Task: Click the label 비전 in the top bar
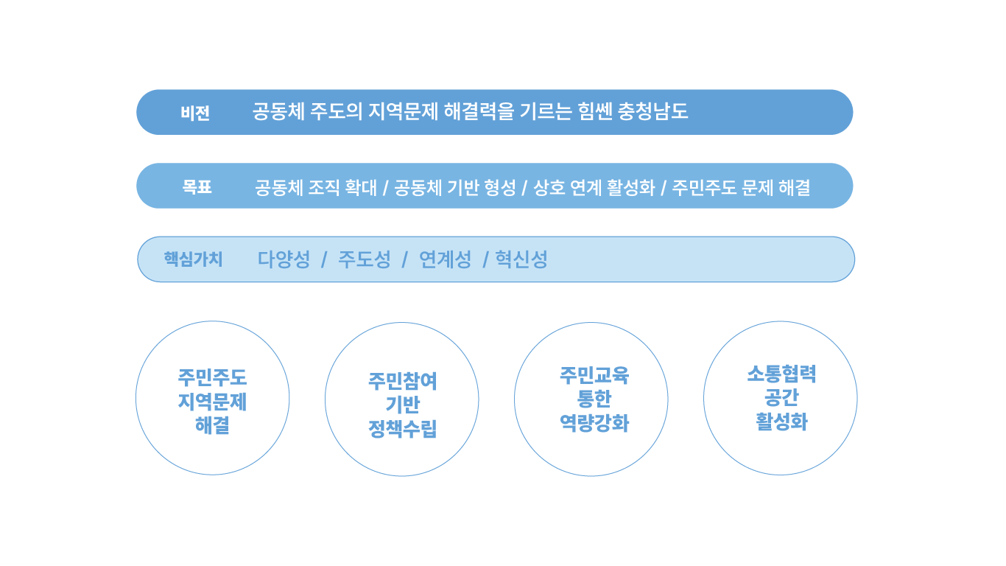coord(195,113)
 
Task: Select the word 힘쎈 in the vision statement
coord(594,111)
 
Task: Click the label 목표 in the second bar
coord(197,186)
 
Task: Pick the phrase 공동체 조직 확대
coord(316,187)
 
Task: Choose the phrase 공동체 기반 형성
coord(455,187)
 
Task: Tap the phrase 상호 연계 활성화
coord(594,187)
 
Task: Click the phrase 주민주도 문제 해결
coord(742,187)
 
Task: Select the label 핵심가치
coord(193,259)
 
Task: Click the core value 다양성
coord(284,259)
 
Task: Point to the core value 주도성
coord(365,259)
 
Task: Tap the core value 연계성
coord(445,259)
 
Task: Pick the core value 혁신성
coord(521,259)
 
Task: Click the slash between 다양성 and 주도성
coord(324,259)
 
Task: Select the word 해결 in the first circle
coord(212,424)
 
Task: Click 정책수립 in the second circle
coord(402,428)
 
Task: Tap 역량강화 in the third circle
coord(594,423)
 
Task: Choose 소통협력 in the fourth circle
coord(781,374)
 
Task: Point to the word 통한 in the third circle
coord(594,399)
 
